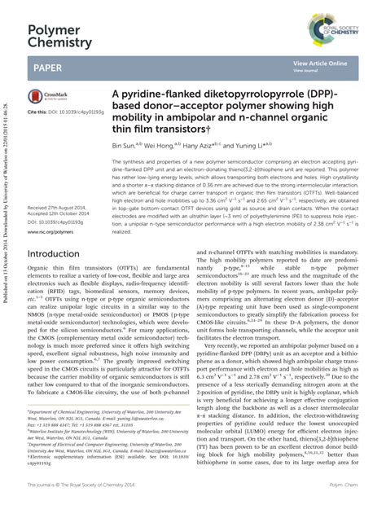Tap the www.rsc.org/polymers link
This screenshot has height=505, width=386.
50,231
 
